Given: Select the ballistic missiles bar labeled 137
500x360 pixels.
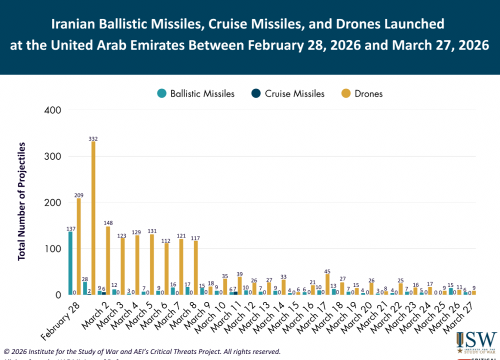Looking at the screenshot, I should [x=70, y=263].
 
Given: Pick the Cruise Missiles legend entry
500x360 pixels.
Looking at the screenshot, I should [x=289, y=93].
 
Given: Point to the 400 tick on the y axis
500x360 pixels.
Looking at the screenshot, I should [x=53, y=110].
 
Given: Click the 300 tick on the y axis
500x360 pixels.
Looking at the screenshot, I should [x=53, y=156].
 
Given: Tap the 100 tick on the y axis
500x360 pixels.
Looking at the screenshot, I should [x=53, y=249].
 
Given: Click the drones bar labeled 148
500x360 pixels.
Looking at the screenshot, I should [x=107, y=260].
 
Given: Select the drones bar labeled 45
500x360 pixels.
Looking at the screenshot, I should [x=327, y=284].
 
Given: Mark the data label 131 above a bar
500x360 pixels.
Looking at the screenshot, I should [x=151, y=231].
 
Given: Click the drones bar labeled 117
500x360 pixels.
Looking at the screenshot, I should [x=195, y=267].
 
